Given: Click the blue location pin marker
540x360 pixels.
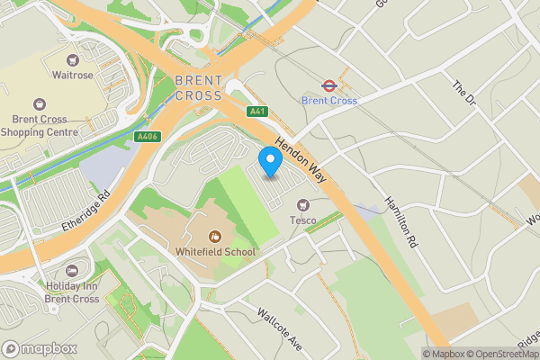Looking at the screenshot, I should tap(270, 163).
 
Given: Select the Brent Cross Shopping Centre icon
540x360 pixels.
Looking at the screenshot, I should tap(39, 105).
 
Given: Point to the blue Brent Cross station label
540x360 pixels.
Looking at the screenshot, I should tap(329, 101).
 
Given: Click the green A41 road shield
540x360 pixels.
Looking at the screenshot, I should tap(258, 111).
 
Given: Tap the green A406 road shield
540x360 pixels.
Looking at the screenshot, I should tap(146, 137).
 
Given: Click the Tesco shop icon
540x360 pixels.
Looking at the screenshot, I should tap(302, 205).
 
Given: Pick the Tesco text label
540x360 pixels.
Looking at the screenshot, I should tap(301, 220).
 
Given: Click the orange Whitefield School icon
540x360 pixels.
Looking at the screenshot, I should tap(215, 237).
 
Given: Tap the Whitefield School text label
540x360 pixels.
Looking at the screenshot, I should tap(216, 252).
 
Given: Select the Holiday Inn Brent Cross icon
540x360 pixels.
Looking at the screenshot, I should tap(71, 271).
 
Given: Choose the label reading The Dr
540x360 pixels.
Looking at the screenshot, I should tap(463, 93).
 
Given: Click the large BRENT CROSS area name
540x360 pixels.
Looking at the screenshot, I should tap(199, 88).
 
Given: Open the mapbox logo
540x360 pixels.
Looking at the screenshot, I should tap(37, 348).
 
